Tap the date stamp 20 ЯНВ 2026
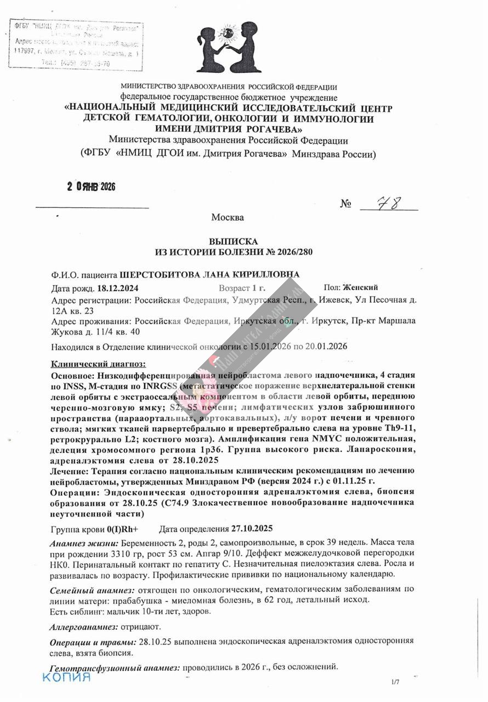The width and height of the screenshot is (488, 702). pos(92,187)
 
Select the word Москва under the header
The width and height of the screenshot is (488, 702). pos(228,217)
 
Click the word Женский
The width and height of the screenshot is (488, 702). pos(360,287)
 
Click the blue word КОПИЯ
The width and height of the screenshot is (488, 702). pos(66,677)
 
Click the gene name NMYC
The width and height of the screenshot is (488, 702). pos(313,439)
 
